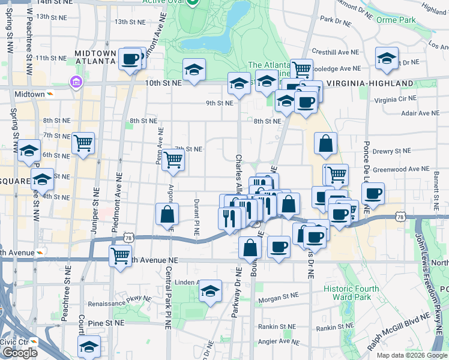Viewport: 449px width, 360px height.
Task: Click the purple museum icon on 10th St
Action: tap(76, 82)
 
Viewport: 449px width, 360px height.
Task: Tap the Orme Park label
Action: tap(396, 20)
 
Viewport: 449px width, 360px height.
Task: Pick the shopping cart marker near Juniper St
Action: tap(83, 143)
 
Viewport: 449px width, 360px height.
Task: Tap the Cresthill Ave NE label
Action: tap(335, 53)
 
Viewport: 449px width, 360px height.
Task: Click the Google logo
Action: tap(20, 353)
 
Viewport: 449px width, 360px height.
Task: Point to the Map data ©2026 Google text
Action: tap(411, 355)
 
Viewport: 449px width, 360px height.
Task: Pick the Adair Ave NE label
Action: tap(420, 113)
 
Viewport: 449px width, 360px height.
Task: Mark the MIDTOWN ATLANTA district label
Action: tap(95, 57)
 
